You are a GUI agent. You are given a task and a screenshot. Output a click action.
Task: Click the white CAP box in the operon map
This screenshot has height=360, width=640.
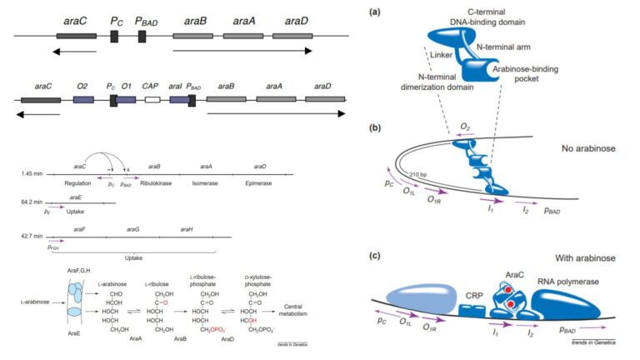[152, 99]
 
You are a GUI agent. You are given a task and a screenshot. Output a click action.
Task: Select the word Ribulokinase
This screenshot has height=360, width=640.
[159, 182]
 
